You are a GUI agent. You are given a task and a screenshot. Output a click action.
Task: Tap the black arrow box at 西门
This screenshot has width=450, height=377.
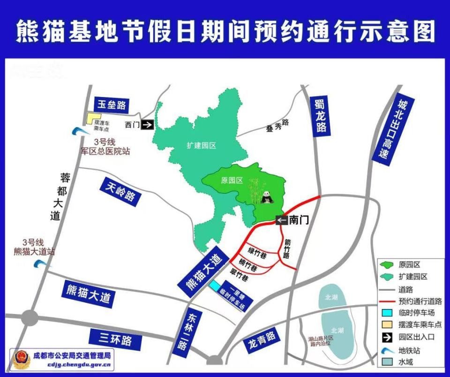click(147, 125)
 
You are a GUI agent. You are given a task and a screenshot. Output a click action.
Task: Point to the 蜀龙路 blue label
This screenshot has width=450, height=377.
click(321, 115)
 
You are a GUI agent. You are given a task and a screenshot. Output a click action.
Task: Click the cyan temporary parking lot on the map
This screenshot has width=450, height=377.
click(215, 285)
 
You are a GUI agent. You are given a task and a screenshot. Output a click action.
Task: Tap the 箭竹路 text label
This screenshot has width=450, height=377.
click(287, 249)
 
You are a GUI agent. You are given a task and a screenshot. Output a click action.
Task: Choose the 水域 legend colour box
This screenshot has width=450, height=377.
click(388, 362)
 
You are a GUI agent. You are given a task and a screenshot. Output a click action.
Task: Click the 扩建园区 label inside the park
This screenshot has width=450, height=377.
click(199, 146)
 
